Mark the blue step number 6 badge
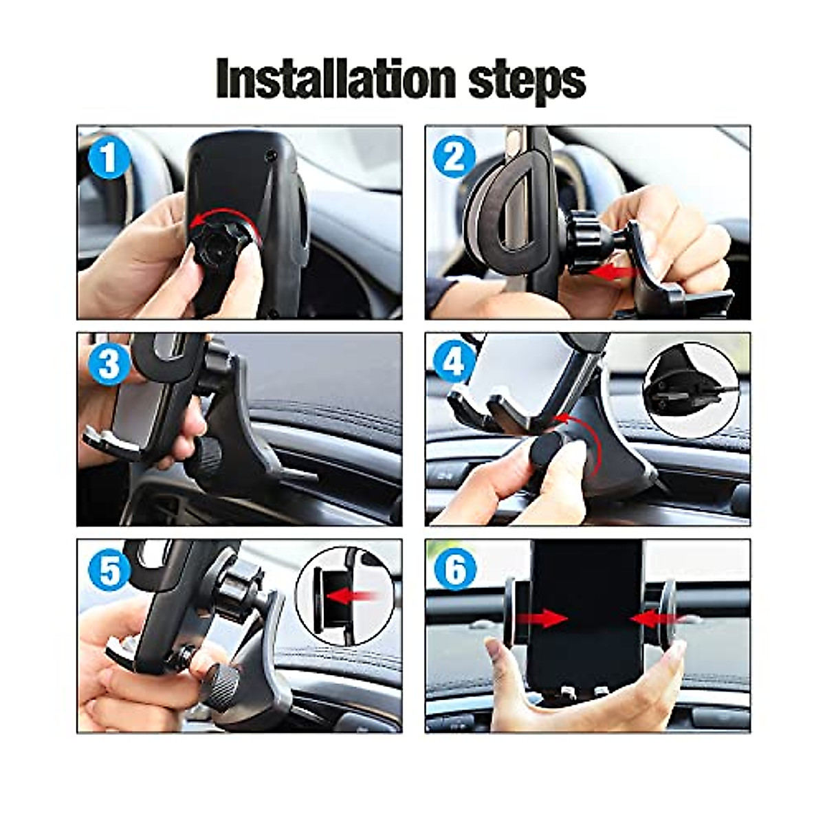(454, 570)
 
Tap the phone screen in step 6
(588, 605)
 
